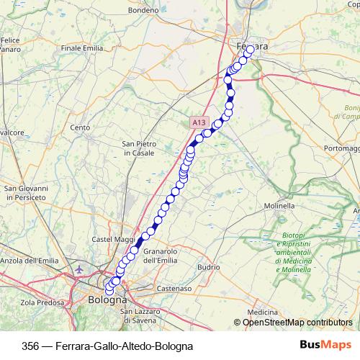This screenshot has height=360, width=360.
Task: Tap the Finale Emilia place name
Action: [82, 48]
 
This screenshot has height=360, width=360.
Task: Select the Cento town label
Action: [80, 127]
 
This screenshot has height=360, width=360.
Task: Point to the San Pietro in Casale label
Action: [139, 148]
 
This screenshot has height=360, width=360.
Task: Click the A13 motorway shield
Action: [199, 124]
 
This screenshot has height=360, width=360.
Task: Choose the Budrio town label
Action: [208, 266]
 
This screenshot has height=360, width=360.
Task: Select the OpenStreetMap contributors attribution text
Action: [297, 323]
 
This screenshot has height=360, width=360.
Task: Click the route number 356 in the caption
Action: [31, 346]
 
